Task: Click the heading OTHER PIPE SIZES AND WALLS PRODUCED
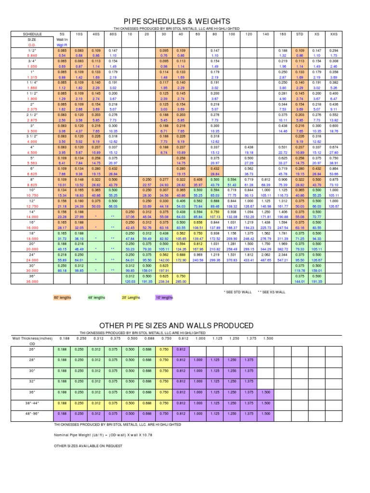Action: coord(176,326)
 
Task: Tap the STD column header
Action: coord(299,35)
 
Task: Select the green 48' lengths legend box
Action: coord(96,298)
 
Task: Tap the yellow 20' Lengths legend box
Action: coord(131,298)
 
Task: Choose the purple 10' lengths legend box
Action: coord(164,298)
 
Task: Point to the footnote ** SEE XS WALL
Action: coord(271,292)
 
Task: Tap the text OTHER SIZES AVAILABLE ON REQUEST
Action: coord(88,446)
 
